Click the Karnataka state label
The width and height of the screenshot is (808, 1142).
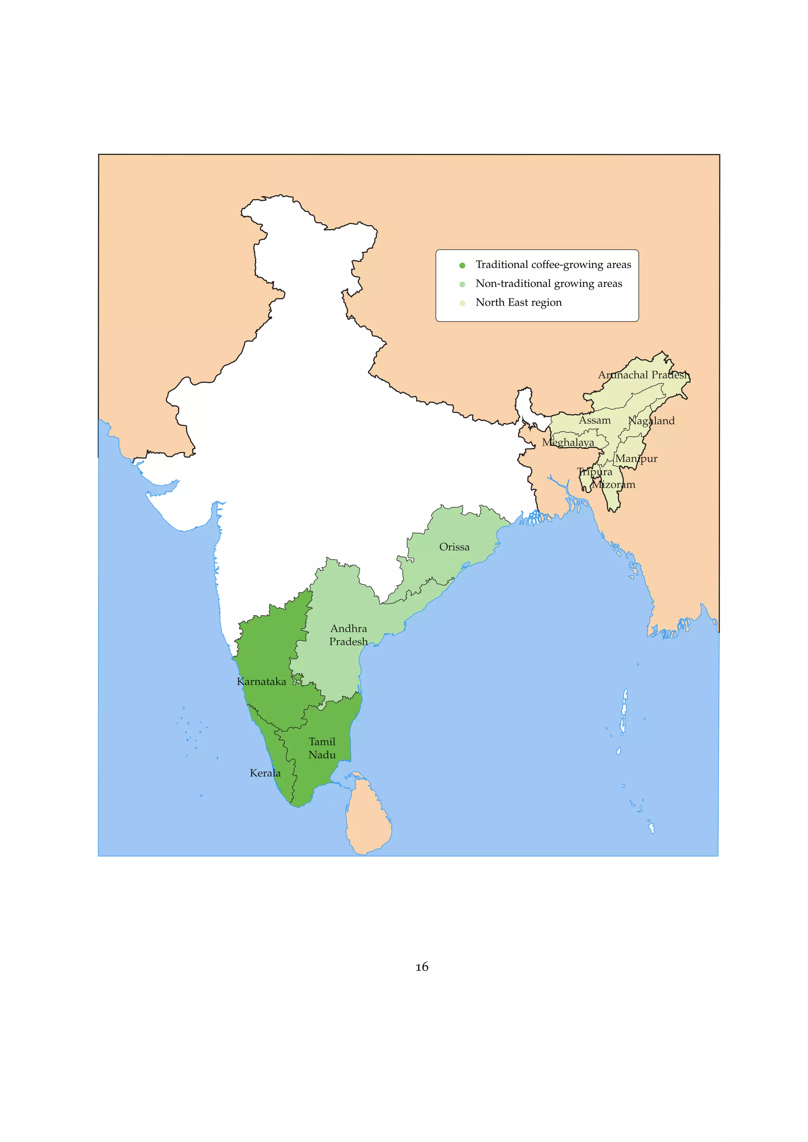[261, 681]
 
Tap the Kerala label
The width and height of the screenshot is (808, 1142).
[265, 773]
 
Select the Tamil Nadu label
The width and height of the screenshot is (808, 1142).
[322, 748]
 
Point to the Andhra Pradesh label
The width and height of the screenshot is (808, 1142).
[348, 635]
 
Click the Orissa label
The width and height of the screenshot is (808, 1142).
[454, 547]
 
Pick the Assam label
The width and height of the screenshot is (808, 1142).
[595, 420]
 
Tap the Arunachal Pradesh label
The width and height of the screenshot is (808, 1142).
[644, 375]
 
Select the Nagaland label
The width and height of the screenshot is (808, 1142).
[651, 421]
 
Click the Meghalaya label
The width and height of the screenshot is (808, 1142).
[568, 442]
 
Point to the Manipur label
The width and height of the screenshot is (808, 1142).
[636, 459]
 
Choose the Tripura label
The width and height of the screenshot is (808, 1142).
[595, 472]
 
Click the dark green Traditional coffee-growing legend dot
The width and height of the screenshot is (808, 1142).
[462, 265]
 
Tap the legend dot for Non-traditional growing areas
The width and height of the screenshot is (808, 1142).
[462, 284]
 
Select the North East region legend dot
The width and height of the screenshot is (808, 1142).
[462, 303]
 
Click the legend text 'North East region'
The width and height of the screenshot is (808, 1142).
[518, 302]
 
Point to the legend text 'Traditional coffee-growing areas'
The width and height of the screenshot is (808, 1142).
[553, 265]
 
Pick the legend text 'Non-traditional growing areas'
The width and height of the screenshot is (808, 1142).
[549, 284]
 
